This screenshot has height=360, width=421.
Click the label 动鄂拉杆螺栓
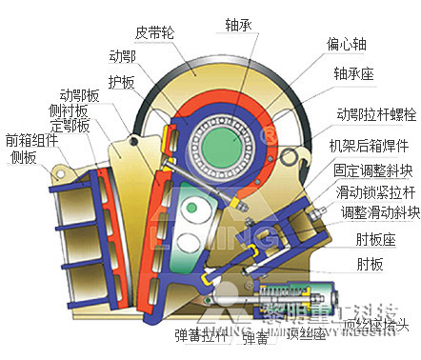point(371,115)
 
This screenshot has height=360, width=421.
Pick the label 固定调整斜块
point(372,171)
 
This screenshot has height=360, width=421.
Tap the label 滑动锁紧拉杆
point(372,192)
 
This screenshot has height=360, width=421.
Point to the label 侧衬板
point(67,111)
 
